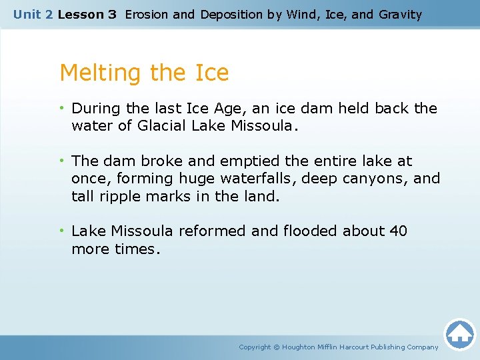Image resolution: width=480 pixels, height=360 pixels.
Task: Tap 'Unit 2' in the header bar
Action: click(x=33, y=14)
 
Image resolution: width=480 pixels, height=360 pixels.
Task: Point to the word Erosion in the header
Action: click(x=147, y=14)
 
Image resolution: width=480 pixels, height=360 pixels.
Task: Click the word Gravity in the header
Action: click(x=400, y=14)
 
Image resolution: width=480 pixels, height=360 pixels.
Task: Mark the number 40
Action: click(x=398, y=231)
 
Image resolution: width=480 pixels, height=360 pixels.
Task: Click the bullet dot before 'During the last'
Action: click(x=62, y=108)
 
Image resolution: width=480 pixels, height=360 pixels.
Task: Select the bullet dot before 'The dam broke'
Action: click(x=62, y=161)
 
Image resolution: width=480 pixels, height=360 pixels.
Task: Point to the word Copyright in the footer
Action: click(x=255, y=347)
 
